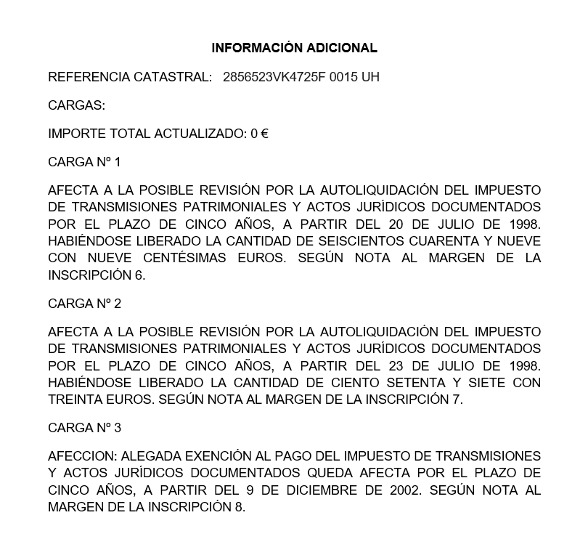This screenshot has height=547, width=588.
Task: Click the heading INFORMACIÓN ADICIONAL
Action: (294, 48)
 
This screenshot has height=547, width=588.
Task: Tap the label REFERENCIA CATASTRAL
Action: (130, 77)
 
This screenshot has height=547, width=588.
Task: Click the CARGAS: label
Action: (76, 105)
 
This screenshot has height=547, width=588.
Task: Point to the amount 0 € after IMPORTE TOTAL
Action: (259, 134)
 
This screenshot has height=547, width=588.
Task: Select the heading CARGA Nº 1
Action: (84, 162)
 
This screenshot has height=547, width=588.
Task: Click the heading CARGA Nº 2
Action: (84, 303)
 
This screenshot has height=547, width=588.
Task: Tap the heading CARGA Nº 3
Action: (84, 428)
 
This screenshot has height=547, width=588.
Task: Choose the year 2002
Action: (404, 490)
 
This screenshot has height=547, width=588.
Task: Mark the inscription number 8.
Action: (240, 507)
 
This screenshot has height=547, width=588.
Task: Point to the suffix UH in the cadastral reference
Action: (370, 77)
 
